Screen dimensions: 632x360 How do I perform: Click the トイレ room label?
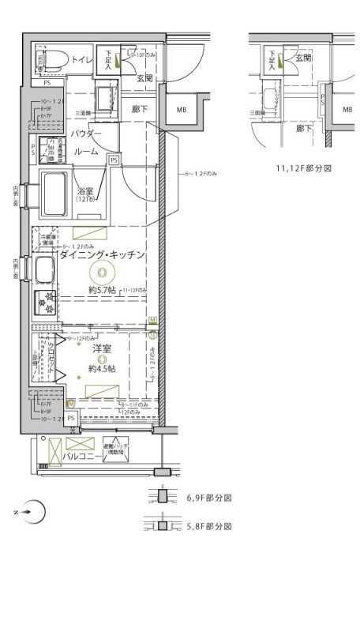82,59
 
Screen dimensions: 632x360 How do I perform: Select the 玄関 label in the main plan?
144,77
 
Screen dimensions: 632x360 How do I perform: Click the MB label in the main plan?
181,109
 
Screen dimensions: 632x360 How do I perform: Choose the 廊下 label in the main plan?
141,108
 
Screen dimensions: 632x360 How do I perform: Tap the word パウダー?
88,135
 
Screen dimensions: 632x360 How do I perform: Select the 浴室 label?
84,190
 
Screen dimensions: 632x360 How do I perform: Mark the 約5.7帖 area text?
102,291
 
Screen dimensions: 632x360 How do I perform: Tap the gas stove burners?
44,303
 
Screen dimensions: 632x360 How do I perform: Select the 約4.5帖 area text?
102,368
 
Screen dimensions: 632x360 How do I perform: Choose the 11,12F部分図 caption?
303,167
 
